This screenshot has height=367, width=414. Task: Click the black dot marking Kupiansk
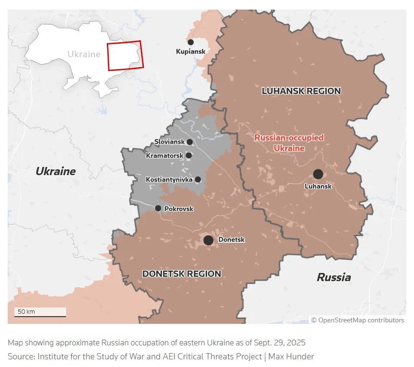pyautogui.click(x=191, y=42)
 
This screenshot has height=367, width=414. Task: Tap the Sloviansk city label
pyautogui.click(x=169, y=142)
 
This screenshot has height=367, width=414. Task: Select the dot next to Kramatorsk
pyautogui.click(x=189, y=155)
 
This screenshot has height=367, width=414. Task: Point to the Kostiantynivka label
pyautogui.click(x=169, y=179)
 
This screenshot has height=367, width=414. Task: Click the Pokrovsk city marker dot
pyautogui.click(x=158, y=208)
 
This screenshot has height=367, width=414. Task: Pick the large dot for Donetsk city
pyautogui.click(x=208, y=240)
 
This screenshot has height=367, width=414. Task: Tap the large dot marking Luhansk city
pyautogui.click(x=318, y=174)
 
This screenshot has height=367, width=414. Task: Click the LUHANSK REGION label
pyautogui.click(x=301, y=91)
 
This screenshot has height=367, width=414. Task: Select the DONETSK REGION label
pyautogui.click(x=182, y=274)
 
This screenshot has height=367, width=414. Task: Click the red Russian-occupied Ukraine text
pyautogui.click(x=289, y=143)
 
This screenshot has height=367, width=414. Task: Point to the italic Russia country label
pyautogui.click(x=333, y=277)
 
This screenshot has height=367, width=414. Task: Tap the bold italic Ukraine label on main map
pyautogui.click(x=56, y=171)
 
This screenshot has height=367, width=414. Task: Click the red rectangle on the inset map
pyautogui.click(x=124, y=56)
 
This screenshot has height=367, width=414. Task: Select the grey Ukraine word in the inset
pyautogui.click(x=84, y=54)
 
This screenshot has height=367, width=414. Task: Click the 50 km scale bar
pyautogui.click(x=40, y=312)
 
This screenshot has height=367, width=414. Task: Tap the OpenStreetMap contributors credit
pyautogui.click(x=357, y=320)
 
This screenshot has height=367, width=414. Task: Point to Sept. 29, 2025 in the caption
pyautogui.click(x=279, y=343)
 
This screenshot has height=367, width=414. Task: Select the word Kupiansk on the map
pyautogui.click(x=191, y=51)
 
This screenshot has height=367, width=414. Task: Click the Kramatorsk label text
pyautogui.click(x=165, y=155)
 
